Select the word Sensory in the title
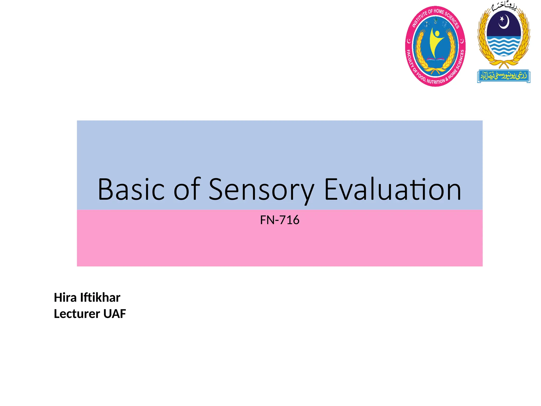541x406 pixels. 262,189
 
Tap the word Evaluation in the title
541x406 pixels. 393,189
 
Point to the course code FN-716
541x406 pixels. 279,220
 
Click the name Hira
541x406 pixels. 65,298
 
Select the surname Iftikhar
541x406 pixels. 100,298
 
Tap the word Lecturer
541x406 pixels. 77,314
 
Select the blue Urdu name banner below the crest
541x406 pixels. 504,76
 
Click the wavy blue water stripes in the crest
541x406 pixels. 504,46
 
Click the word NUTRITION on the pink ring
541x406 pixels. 436,81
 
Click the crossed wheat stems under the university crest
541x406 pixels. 503,64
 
